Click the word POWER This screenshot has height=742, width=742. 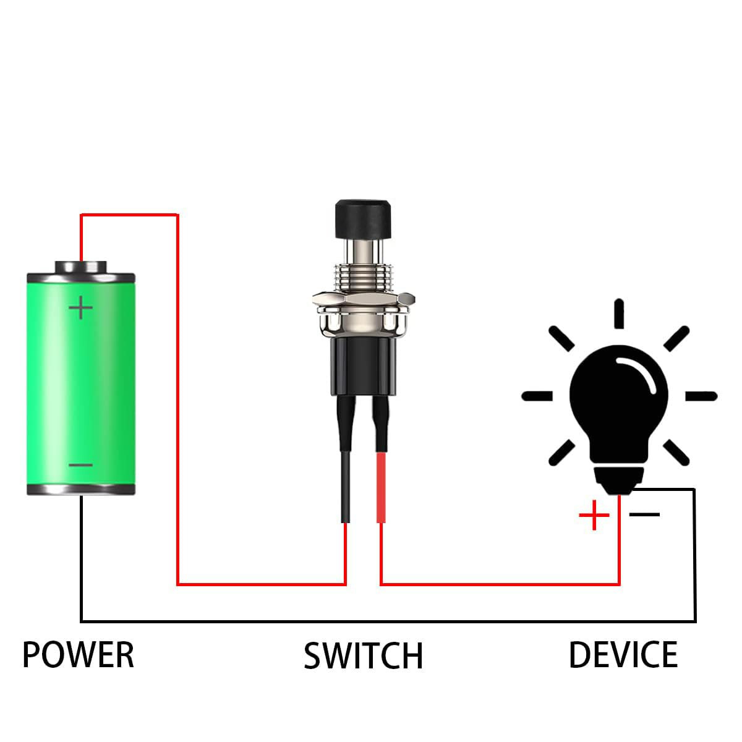pyautogui.click(x=78, y=655)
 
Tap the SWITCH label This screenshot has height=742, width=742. pyautogui.click(x=364, y=656)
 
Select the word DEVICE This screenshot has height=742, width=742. pyautogui.click(x=623, y=655)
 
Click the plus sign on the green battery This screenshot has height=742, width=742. pyautogui.click(x=80, y=307)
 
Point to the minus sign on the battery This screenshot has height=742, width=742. pyautogui.click(x=80, y=465)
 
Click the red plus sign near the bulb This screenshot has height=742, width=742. pyautogui.click(x=594, y=515)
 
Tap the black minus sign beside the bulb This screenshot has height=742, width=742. pyautogui.click(x=645, y=514)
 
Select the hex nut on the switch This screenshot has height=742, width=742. pyautogui.click(x=362, y=301)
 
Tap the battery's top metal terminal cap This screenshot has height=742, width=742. pyautogui.click(x=80, y=267)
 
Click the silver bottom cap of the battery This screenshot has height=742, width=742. pyautogui.click(x=80, y=489)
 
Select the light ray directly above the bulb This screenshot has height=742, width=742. pyautogui.click(x=618, y=313)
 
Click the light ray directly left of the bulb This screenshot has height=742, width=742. pyautogui.click(x=537, y=396)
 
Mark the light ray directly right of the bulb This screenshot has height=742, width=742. pyautogui.click(x=701, y=396)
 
